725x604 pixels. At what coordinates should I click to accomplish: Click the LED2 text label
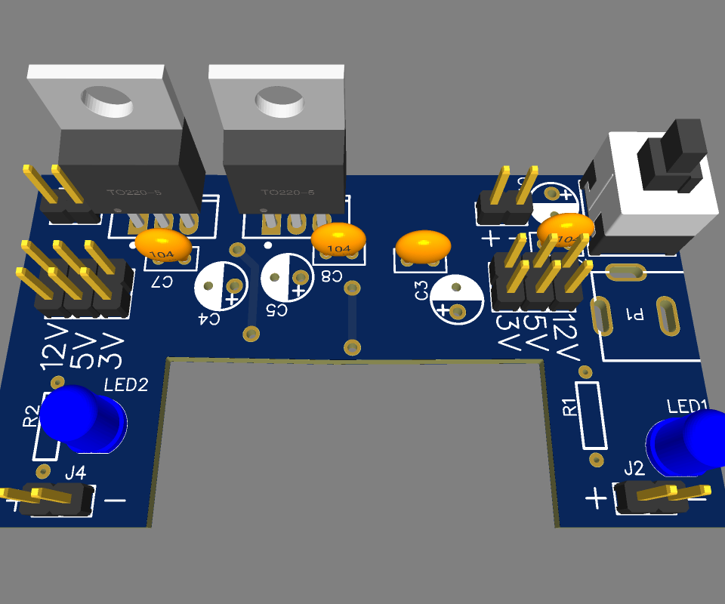click(126, 385)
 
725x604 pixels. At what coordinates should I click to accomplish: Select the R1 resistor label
click(570, 408)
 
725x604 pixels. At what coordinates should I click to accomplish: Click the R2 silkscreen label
click(31, 416)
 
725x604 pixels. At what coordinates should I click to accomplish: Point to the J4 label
click(75, 473)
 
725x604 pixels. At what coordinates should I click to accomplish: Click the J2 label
click(634, 468)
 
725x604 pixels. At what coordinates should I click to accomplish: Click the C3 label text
click(421, 290)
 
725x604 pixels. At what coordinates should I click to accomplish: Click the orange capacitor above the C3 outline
click(423, 246)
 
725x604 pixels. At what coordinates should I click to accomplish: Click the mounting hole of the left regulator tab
click(105, 100)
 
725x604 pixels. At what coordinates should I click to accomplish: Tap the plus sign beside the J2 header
click(595, 498)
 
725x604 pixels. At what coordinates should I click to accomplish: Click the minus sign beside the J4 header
click(115, 500)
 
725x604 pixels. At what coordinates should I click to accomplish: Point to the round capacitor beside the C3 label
click(457, 298)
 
